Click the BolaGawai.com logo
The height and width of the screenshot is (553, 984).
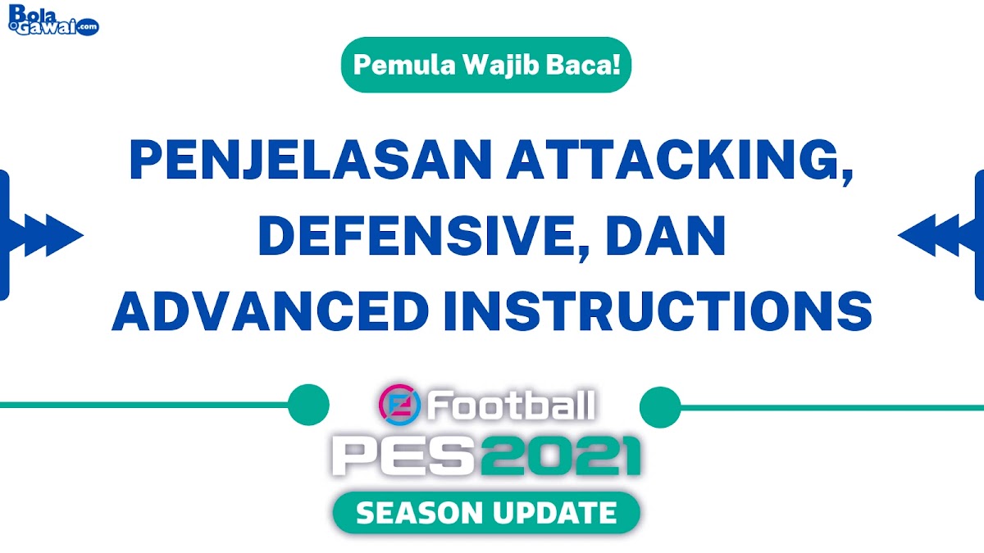(x=54, y=20)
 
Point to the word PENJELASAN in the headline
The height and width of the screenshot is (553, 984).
(x=311, y=162)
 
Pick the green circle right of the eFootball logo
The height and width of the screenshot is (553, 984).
(x=660, y=405)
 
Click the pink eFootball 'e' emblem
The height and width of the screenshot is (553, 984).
(x=399, y=405)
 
